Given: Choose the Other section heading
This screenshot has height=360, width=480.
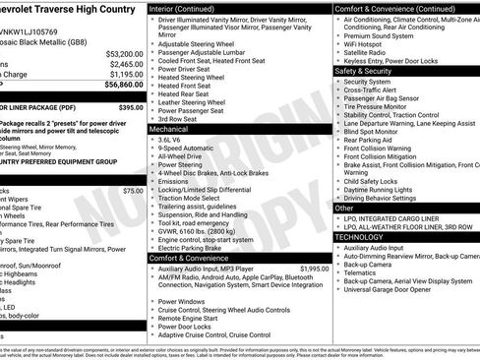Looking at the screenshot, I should (x=344, y=208).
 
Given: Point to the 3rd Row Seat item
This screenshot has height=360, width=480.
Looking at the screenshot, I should (x=178, y=119).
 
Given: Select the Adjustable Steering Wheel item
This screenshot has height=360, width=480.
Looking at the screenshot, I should (x=198, y=44).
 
